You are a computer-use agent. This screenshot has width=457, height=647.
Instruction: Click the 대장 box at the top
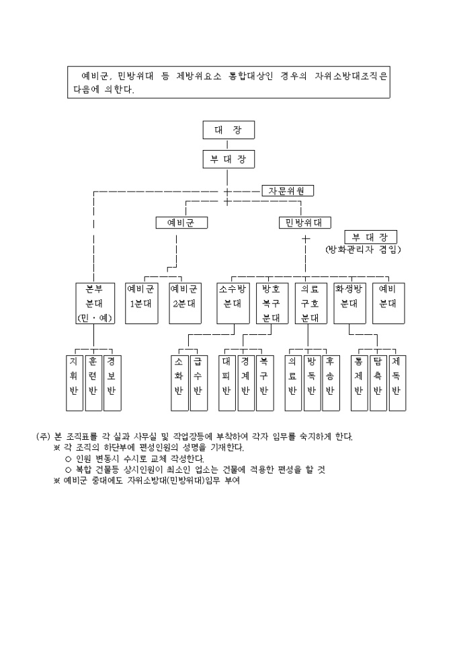[228, 130]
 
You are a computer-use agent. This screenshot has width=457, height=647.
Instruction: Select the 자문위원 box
[287, 190]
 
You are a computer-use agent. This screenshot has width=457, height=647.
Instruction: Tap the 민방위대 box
[300, 223]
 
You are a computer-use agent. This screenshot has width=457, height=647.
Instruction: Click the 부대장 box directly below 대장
[228, 159]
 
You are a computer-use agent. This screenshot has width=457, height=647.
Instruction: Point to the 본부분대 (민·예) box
[94, 303]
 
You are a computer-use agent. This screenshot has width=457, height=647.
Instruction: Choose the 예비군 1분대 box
[141, 303]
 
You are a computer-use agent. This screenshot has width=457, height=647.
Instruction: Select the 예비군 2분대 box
[184, 303]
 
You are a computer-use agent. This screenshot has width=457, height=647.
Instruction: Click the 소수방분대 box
[233, 303]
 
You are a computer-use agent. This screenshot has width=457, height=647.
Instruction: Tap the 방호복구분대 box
[271, 303]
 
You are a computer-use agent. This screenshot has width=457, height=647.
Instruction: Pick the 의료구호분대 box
[310, 303]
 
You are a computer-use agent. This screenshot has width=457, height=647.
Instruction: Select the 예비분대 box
[387, 303]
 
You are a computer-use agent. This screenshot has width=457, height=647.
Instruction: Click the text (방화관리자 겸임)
[362, 250]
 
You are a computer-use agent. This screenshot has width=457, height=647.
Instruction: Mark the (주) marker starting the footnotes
[43, 436]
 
